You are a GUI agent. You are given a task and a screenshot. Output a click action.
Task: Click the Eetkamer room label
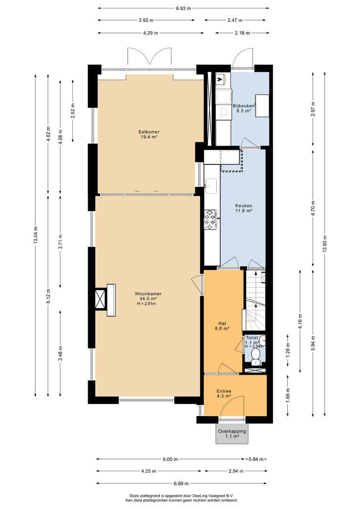[149, 134]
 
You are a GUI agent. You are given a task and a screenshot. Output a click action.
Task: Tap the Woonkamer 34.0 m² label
[148, 296]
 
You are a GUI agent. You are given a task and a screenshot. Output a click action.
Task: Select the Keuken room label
[244, 208]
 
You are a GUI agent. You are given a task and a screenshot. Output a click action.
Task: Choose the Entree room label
[224, 394]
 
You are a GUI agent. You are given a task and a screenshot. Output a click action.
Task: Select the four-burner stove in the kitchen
[210, 220]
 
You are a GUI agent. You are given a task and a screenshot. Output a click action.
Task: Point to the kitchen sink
[211, 185]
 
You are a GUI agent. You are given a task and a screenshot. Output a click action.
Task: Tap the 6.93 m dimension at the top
[183, 8]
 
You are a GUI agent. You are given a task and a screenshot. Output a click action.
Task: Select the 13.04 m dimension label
[35, 234]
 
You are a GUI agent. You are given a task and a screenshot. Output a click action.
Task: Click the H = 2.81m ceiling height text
[147, 304]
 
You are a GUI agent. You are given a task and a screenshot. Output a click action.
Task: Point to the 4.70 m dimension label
[313, 209]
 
